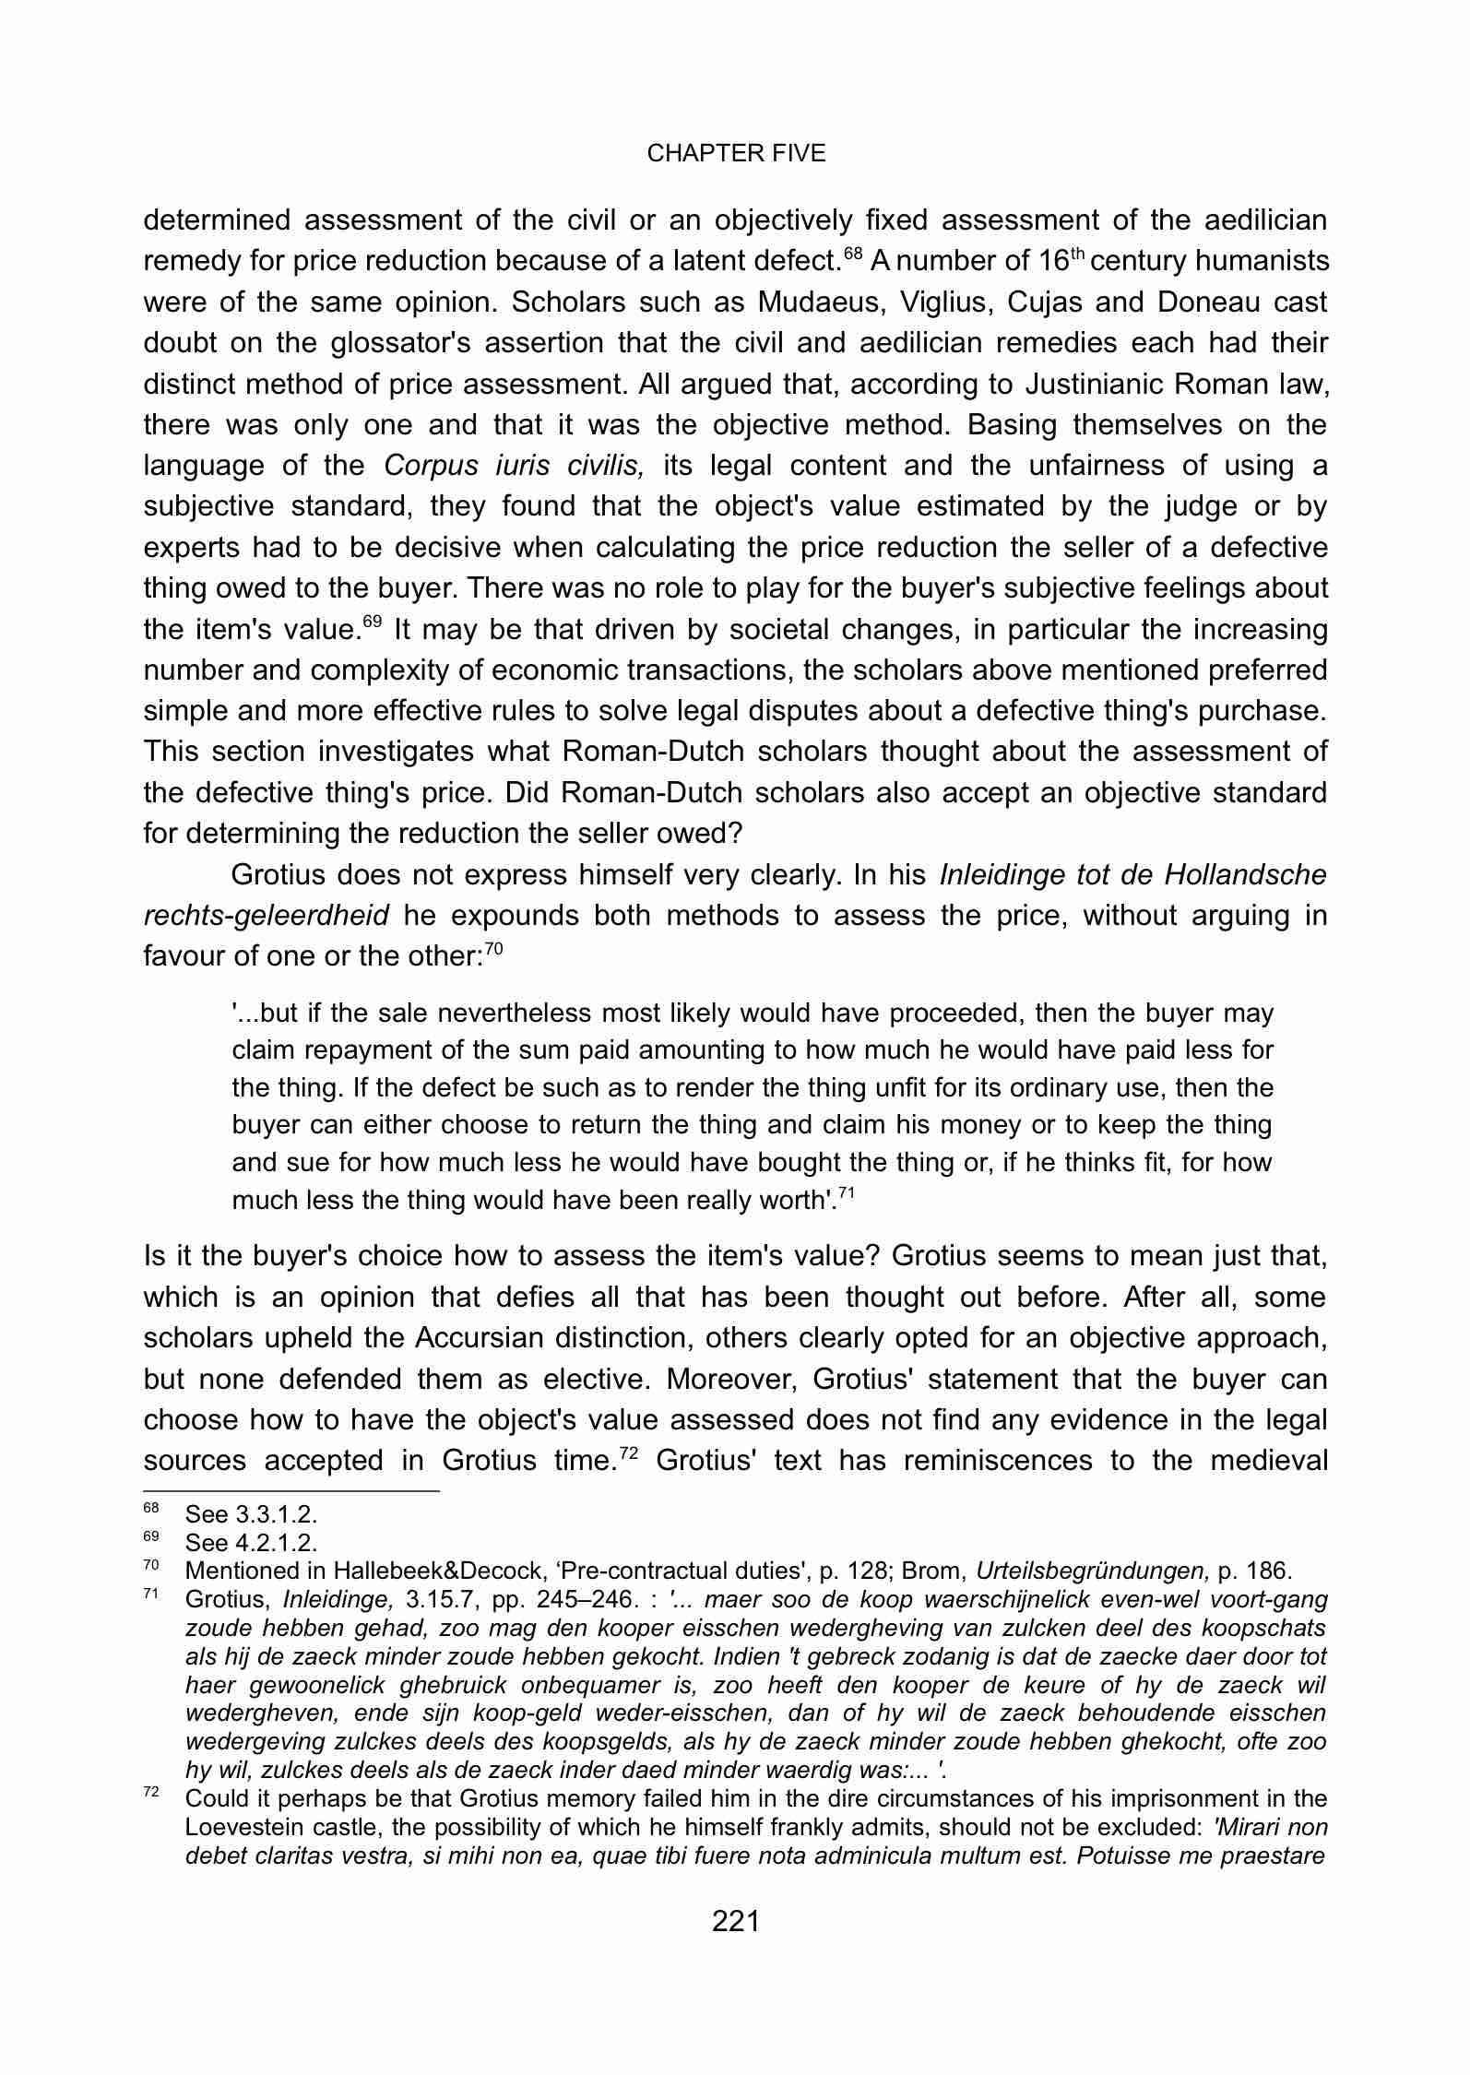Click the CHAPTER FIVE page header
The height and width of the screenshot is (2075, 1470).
(735, 154)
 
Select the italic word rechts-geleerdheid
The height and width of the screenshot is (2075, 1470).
(267, 915)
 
